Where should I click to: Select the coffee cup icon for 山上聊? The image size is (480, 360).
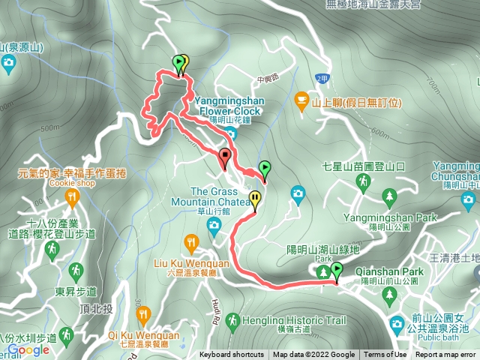coord(301,99)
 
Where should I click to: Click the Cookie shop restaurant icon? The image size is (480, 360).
coord(72,199)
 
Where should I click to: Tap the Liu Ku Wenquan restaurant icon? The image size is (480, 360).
coord(190,242)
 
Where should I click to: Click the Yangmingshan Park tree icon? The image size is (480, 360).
coord(388,197)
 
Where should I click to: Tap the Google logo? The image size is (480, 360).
coord(28,350)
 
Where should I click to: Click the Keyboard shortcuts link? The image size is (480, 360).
coord(232,355)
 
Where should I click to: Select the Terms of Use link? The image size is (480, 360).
coord(386,355)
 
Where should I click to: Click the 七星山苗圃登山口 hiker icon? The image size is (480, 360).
coord(363,181)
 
